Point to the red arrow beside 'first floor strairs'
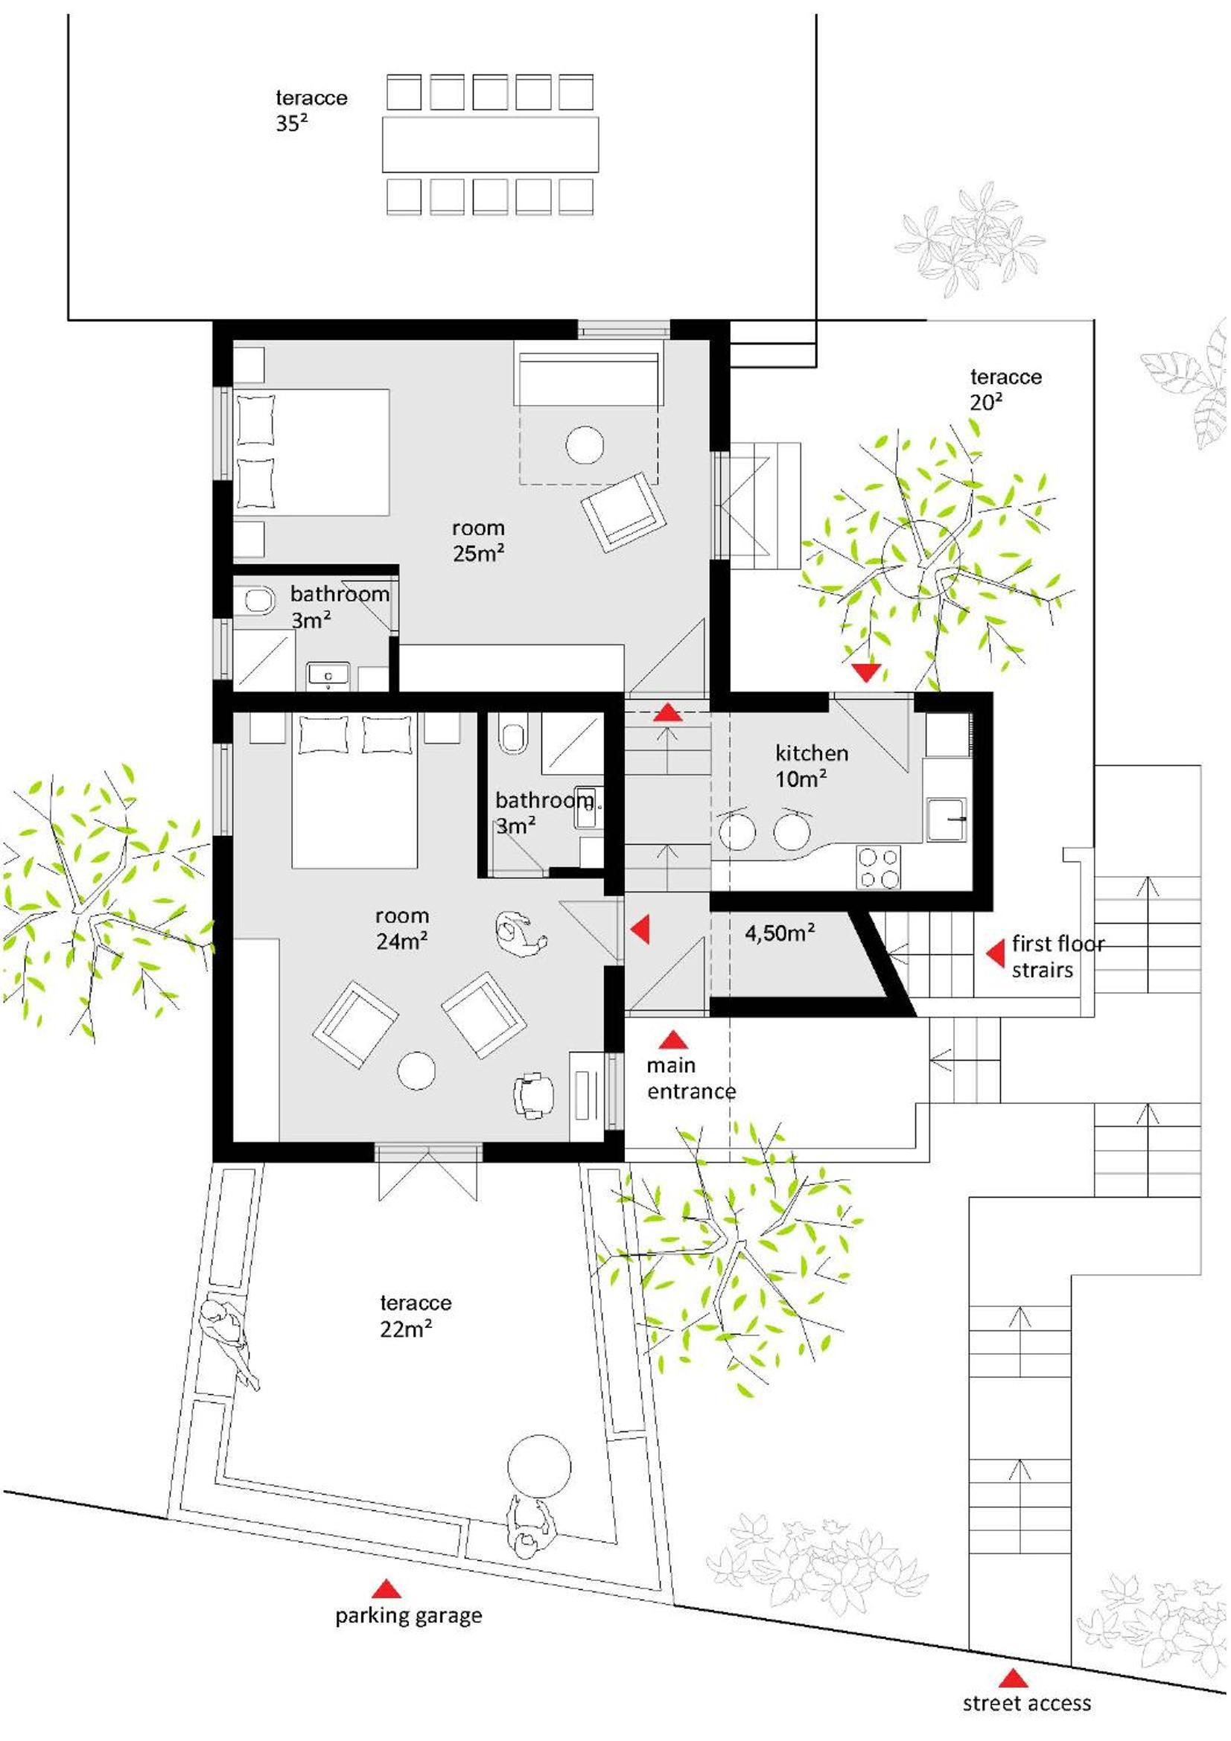[x=994, y=953]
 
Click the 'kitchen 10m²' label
[x=811, y=765]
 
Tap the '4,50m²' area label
[x=780, y=932]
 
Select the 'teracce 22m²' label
[x=415, y=1315]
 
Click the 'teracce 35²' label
[x=311, y=111]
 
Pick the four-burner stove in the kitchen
[x=878, y=867]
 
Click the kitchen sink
[x=946, y=819]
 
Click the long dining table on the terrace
[x=490, y=144]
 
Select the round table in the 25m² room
[x=585, y=444]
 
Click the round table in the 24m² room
[x=416, y=1070]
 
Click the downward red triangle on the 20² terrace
[x=865, y=673]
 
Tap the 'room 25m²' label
[x=478, y=540]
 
